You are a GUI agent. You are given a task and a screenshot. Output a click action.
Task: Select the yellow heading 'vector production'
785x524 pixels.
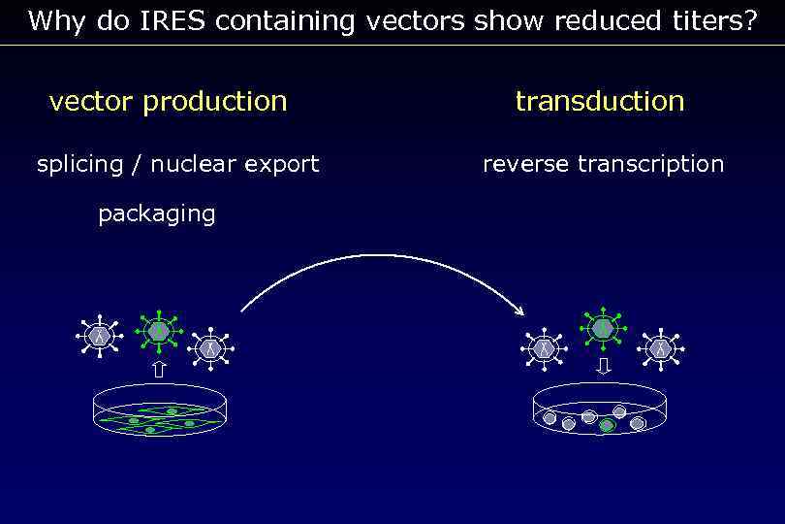click(168, 101)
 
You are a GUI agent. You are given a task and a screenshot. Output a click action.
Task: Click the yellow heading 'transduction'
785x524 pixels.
click(600, 101)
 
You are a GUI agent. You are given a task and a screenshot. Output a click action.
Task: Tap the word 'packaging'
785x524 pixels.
click(157, 213)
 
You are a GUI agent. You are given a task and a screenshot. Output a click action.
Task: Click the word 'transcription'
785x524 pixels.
click(650, 164)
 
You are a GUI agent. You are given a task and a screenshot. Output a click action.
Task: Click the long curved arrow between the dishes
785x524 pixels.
click(388, 257)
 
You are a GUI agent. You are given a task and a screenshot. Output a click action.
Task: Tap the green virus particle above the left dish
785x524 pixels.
click(158, 331)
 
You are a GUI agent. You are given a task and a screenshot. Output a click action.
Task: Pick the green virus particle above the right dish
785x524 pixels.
click(603, 328)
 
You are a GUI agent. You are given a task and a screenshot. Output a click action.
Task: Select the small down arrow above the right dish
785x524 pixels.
click(604, 366)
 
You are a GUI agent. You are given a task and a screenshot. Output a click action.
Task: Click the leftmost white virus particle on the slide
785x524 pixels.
click(98, 336)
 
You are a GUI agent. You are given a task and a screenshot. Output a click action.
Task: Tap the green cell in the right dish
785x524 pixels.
click(607, 424)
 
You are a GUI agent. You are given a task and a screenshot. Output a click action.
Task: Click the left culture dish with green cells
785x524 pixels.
click(160, 409)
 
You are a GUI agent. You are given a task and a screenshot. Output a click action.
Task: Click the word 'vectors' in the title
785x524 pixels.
click(415, 21)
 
